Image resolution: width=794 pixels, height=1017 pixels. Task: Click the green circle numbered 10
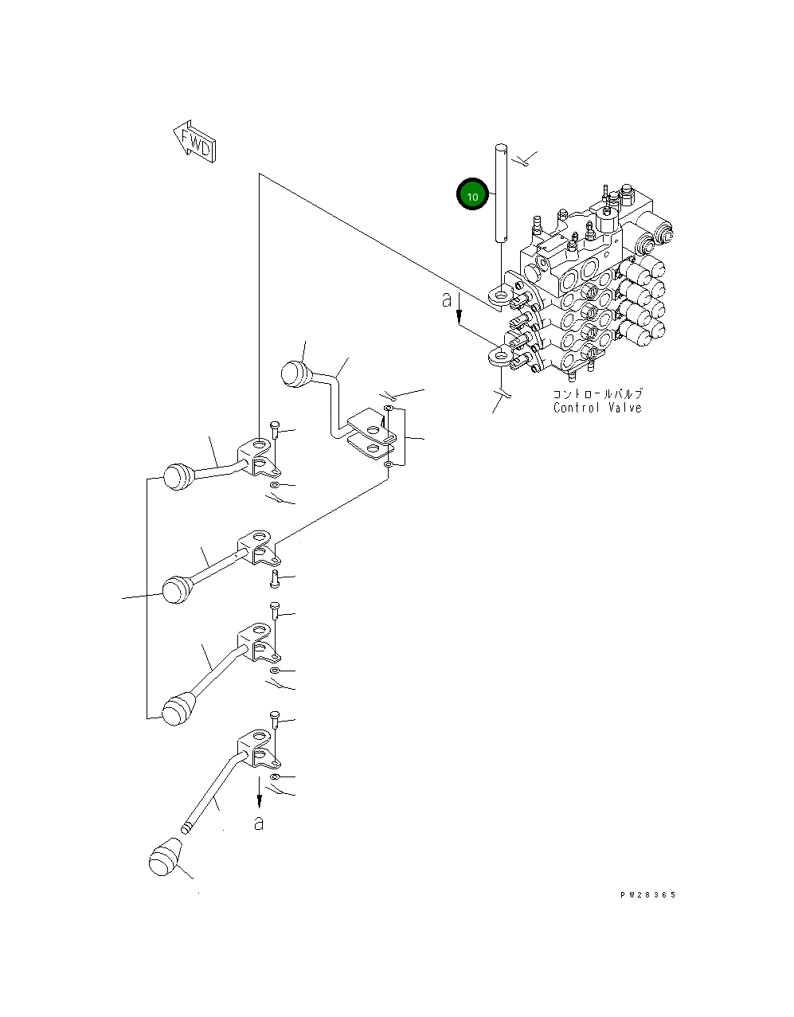click(x=471, y=195)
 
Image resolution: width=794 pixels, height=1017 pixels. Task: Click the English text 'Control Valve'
click(x=597, y=408)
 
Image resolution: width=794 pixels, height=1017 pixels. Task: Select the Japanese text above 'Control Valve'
click(x=598, y=393)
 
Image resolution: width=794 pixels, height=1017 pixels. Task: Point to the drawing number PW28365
click(x=647, y=895)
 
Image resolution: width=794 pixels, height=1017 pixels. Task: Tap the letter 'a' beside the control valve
click(x=447, y=299)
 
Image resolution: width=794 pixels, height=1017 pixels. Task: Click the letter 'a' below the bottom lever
click(x=258, y=823)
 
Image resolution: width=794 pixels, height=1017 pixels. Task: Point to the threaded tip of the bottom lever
click(x=186, y=827)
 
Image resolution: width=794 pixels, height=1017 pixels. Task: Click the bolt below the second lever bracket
click(x=275, y=577)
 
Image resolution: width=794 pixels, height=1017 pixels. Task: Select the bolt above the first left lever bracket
click(x=275, y=430)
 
